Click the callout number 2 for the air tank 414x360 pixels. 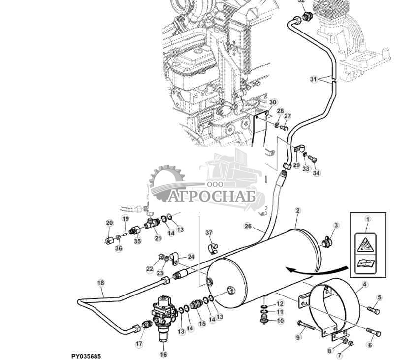(297, 211)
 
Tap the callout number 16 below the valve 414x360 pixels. (164, 354)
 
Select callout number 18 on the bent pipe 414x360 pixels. (101, 283)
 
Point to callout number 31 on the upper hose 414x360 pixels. (314, 79)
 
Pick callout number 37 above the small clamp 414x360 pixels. (208, 232)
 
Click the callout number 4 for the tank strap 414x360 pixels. (364, 284)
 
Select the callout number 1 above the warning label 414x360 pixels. (367, 219)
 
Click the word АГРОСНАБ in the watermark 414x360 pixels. (212, 196)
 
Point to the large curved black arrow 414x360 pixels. (315, 269)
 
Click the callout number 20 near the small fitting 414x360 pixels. (109, 223)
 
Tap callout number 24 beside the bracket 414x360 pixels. (191, 257)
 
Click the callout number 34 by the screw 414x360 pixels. (316, 173)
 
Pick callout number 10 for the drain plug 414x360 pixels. (280, 321)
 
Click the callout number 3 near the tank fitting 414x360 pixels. (336, 226)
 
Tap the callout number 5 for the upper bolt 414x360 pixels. (379, 297)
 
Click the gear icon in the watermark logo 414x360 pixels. (166, 184)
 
